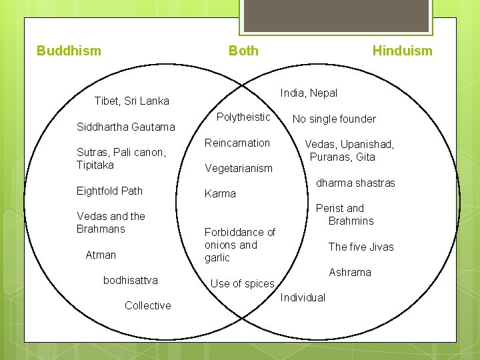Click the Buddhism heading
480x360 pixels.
[69, 51]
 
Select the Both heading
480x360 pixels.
[243, 51]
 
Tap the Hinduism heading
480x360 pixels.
[402, 51]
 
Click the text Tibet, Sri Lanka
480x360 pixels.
[132, 101]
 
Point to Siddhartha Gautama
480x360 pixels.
[126, 127]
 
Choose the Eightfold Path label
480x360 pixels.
[109, 191]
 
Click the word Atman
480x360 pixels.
[101, 255]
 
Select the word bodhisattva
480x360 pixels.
[131, 280]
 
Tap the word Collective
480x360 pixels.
[147, 305]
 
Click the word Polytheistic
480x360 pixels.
[244, 117]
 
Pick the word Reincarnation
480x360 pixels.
[237, 143]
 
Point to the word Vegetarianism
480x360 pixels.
[239, 169]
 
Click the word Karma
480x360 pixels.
[220, 194]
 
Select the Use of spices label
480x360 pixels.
[242, 283]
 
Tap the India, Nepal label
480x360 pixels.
[309, 93]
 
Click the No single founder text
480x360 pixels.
[334, 119]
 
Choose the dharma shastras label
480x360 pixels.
[355, 183]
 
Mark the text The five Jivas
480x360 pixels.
[361, 247]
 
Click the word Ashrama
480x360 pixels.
[350, 272]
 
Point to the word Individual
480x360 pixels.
[303, 297]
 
